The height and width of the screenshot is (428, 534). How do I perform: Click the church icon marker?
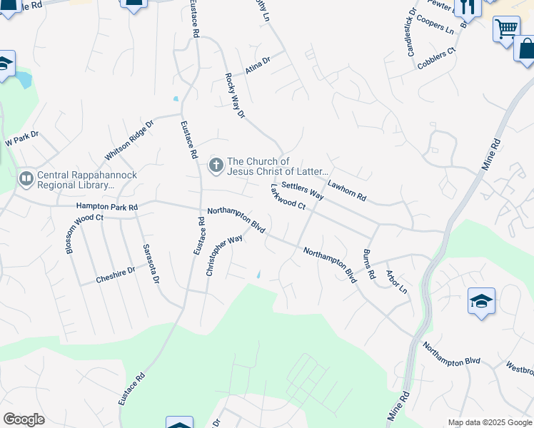point(216,166)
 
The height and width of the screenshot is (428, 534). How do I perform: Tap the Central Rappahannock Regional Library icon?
point(26,178)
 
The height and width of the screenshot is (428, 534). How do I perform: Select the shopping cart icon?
point(506,29)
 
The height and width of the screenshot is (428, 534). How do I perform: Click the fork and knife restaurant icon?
point(468,7)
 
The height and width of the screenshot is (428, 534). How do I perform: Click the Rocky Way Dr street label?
point(235,94)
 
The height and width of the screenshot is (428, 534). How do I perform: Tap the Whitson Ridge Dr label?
point(129,140)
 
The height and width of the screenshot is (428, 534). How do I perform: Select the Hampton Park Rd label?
point(106,206)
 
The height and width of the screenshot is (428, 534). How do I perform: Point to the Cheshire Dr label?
point(116,275)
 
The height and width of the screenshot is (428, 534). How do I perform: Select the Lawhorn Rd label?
point(346,190)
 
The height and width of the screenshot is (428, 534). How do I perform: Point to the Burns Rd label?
point(368,264)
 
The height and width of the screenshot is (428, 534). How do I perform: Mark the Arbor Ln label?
point(396,282)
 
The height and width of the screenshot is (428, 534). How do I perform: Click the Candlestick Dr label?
point(411,32)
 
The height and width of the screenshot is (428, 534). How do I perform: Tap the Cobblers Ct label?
point(436,58)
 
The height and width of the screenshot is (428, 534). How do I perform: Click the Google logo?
point(24,419)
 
